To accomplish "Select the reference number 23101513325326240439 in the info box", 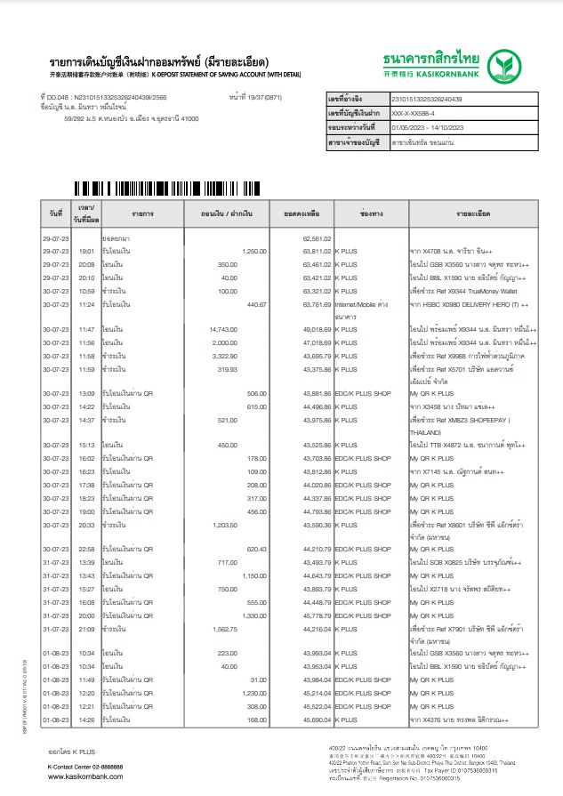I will (427, 99).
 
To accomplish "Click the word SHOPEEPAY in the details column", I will (495, 420).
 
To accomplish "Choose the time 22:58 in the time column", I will (87, 550).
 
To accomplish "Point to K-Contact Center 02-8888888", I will (85, 766).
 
